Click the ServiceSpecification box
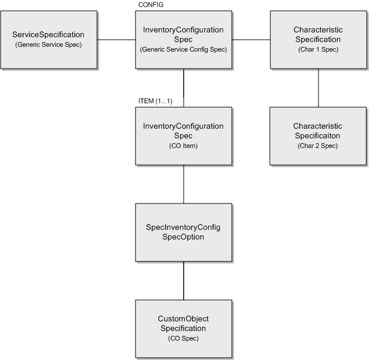click(x=49, y=39)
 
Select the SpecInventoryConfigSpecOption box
click(x=183, y=232)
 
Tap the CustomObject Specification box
click(x=183, y=328)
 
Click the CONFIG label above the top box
click(x=150, y=5)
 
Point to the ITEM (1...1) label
click(x=155, y=101)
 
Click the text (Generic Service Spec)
click(x=49, y=45)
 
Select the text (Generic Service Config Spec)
click(x=183, y=49)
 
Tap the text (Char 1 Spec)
click(x=317, y=49)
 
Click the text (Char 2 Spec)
click(x=317, y=146)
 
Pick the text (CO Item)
click(x=183, y=146)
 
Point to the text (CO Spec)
click(x=183, y=338)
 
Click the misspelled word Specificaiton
click(x=317, y=136)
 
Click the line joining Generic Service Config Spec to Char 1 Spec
click(x=250, y=40)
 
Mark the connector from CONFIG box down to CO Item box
click(x=183, y=88)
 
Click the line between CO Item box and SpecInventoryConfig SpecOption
click(x=183, y=184)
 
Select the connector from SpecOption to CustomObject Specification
click(x=183, y=281)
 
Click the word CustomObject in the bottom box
click(x=183, y=318)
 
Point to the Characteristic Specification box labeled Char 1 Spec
click(x=317, y=39)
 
